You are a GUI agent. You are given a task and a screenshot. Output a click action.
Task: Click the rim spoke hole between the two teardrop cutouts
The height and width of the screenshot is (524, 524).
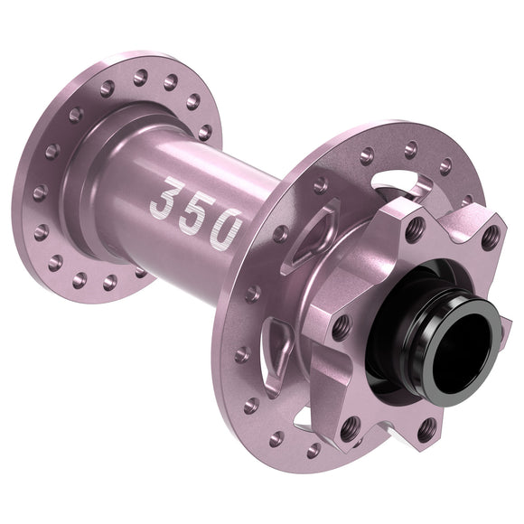pyautogui.click(x=254, y=294)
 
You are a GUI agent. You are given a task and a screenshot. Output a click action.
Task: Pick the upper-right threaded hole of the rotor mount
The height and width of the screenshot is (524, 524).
pyautogui.click(x=490, y=238)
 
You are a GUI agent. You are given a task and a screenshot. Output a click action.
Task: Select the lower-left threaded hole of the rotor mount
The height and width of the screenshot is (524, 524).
pyautogui.click(x=350, y=425)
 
